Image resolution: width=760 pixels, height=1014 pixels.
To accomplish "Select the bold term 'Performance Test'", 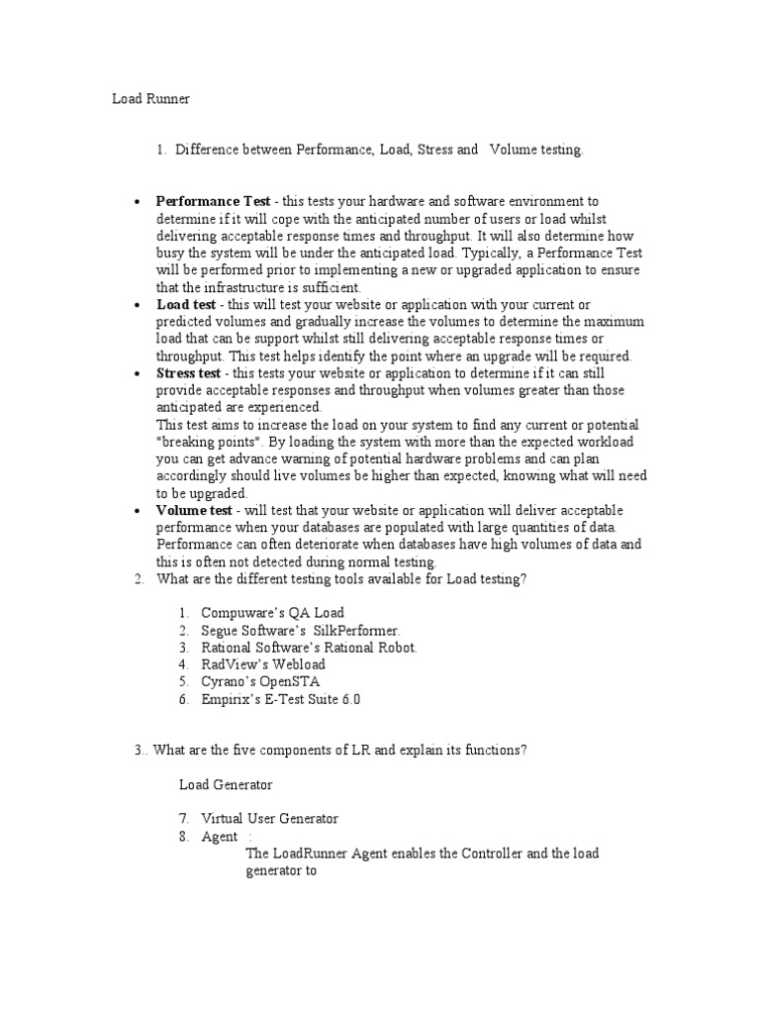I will [x=213, y=201].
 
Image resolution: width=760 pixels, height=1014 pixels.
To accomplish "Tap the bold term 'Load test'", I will [x=186, y=305].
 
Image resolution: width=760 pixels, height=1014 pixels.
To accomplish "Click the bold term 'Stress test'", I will [x=189, y=373].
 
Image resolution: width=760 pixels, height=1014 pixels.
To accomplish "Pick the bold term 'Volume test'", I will [x=194, y=510].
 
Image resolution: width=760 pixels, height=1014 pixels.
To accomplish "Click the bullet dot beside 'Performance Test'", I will [x=138, y=202].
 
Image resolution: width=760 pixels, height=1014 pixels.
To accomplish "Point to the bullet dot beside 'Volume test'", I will [x=138, y=511].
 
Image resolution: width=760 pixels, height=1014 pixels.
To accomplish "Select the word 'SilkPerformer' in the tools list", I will [x=357, y=631].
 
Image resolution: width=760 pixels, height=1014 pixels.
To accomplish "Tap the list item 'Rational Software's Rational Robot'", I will [x=309, y=648].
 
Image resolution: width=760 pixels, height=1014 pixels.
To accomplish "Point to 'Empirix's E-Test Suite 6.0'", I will [x=281, y=699].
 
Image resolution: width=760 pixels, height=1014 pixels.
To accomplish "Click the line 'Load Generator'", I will [x=226, y=784].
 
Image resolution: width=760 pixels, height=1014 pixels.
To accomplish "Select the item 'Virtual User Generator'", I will [x=269, y=819].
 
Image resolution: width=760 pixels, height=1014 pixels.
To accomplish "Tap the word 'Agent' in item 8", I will [x=219, y=837].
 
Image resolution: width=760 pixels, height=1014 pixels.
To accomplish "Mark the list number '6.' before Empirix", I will [x=184, y=699].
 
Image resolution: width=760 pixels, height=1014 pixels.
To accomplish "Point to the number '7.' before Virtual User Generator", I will [x=184, y=819].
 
